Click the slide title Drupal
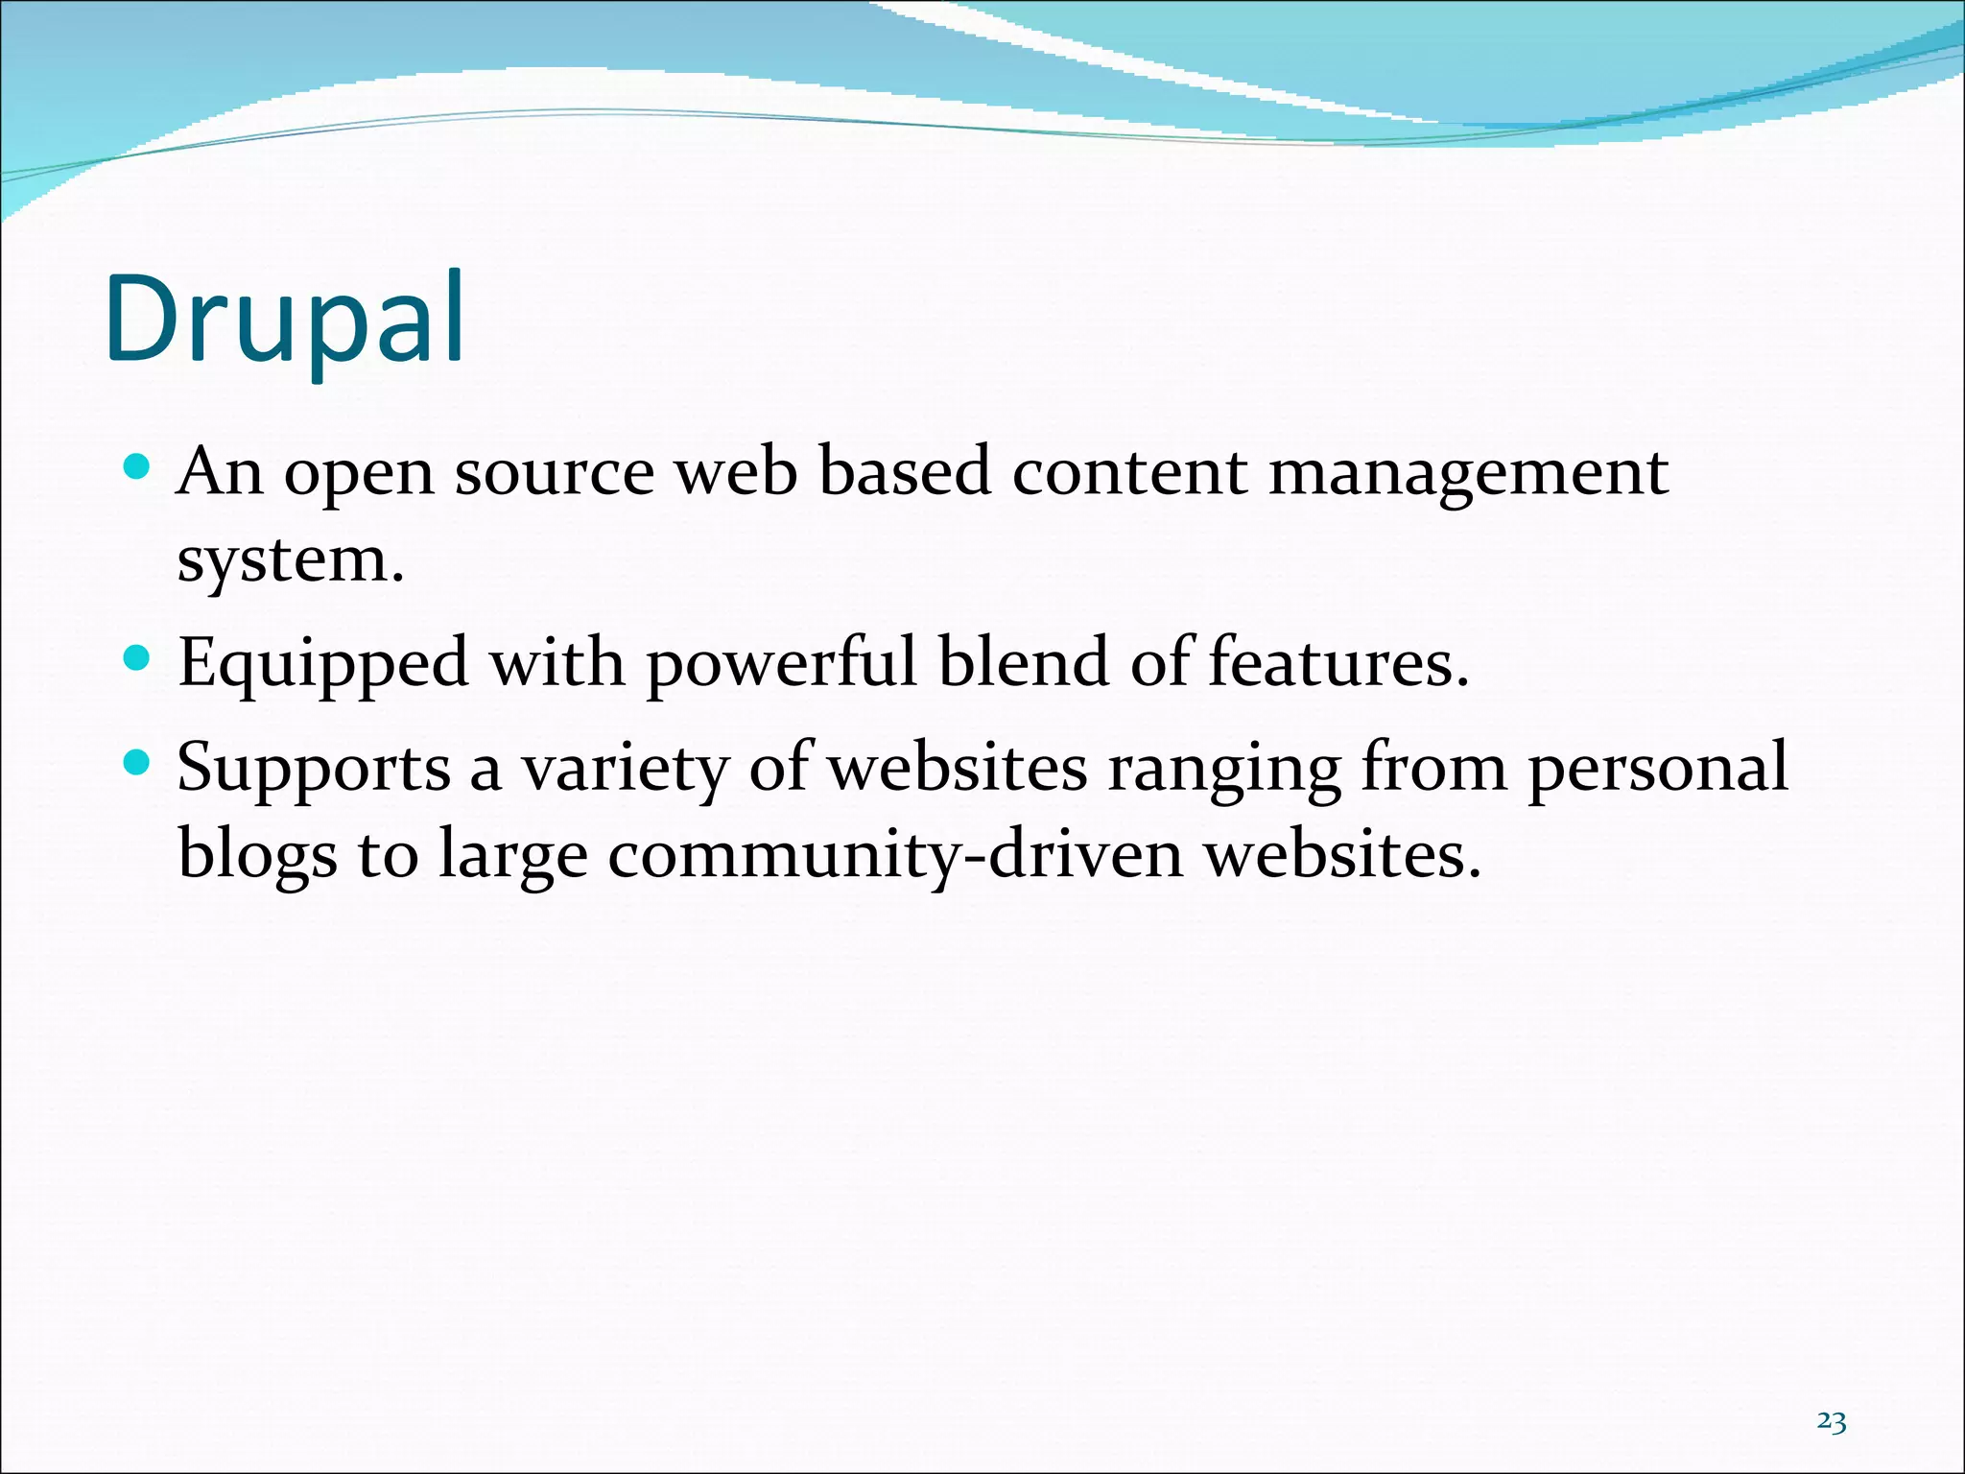(x=286, y=321)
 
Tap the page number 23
(x=1832, y=1421)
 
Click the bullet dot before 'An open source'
(x=138, y=467)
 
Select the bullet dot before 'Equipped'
(x=138, y=658)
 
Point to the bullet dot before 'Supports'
(x=138, y=763)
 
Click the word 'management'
(x=1468, y=475)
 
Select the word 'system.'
(x=290, y=561)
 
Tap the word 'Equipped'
(x=323, y=665)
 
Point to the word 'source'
(x=555, y=473)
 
